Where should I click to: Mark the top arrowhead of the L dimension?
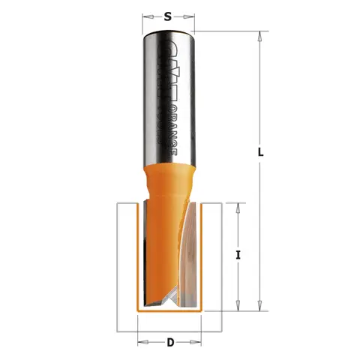click(260, 34)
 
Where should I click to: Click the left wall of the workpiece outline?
click(120, 270)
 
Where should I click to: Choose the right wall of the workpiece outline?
click(220, 270)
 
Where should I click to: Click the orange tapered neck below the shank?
click(168, 183)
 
